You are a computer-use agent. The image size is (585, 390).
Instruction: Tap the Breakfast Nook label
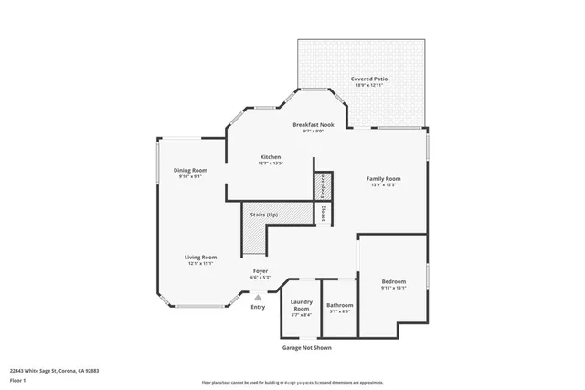[x=313, y=124]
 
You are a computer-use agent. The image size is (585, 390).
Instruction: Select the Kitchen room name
[x=270, y=157]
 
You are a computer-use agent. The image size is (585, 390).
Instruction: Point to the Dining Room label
[x=191, y=170]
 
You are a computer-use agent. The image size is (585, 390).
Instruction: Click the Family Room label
[x=384, y=178]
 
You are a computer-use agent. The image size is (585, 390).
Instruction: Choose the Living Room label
[x=200, y=257]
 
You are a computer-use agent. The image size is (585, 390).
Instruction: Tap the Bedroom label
[x=394, y=281]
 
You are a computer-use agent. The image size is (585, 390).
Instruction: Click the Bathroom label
[x=340, y=304]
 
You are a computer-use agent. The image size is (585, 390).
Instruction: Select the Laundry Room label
[x=302, y=304]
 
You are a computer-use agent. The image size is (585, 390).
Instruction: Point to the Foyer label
[x=261, y=270]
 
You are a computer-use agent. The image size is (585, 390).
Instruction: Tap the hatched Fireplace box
[x=322, y=186]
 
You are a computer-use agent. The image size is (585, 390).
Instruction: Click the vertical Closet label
[x=323, y=213]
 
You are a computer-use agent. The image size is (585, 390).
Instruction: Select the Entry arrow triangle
[x=259, y=296]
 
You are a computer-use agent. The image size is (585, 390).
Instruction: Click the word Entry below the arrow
[x=259, y=306]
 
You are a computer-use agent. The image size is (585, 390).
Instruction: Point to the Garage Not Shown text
[x=306, y=347]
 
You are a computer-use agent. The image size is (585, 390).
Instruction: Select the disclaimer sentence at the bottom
[x=304, y=381]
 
